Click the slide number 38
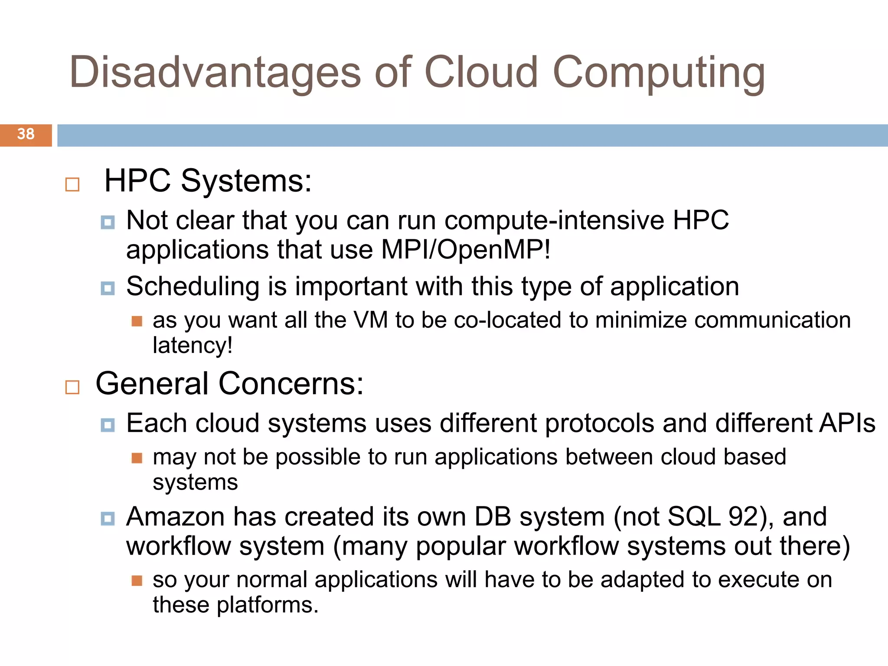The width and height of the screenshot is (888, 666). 26,134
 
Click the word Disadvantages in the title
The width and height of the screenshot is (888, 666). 215,72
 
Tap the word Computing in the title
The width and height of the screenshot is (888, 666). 659,72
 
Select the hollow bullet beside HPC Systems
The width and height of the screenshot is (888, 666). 72,184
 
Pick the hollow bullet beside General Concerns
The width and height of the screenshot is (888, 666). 72,387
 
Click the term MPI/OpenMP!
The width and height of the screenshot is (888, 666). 466,250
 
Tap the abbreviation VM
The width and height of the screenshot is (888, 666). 371,320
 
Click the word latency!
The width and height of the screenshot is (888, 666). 193,346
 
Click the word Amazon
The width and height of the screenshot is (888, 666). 176,517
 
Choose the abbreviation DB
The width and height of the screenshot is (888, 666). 493,517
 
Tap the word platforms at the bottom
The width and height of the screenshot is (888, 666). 268,605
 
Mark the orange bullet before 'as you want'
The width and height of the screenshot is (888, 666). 137,321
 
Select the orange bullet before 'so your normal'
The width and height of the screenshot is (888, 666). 137,581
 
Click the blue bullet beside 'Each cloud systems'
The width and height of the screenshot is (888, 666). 108,425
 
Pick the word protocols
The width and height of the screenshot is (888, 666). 599,423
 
